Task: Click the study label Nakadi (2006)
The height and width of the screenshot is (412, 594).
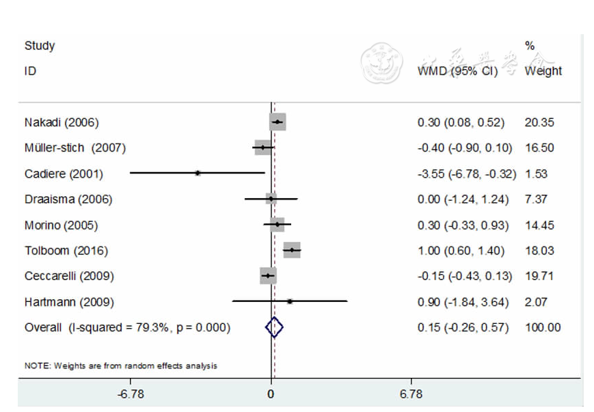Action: tap(62, 123)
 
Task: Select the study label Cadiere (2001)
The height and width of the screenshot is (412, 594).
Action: tap(64, 174)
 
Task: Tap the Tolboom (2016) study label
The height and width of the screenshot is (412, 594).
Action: tap(66, 251)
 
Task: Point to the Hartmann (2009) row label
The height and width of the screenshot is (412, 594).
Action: tap(69, 302)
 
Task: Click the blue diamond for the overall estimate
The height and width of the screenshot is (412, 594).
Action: tap(273, 328)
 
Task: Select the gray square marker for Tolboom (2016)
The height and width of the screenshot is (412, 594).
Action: tap(292, 251)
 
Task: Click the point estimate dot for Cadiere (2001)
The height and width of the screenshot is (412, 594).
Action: tap(198, 174)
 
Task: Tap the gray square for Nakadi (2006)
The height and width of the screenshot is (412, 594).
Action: tap(278, 123)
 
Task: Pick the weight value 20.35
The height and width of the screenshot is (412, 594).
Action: tap(539, 123)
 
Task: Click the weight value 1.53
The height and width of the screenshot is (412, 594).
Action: tap(537, 174)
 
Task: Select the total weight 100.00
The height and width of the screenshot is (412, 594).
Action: tap(543, 328)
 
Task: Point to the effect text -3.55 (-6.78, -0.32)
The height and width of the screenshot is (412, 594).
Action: tap(467, 174)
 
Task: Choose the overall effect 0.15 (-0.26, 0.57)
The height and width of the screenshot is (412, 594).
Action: tap(463, 328)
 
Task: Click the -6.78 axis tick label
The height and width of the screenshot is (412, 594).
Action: tap(131, 394)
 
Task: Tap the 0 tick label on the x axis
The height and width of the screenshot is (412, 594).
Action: tap(271, 394)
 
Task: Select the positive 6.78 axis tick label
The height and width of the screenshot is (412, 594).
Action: tap(411, 394)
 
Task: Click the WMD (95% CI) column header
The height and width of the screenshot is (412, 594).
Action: tap(457, 71)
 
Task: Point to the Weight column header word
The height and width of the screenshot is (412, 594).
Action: tap(543, 71)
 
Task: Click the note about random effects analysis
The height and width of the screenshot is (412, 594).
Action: tap(121, 366)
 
